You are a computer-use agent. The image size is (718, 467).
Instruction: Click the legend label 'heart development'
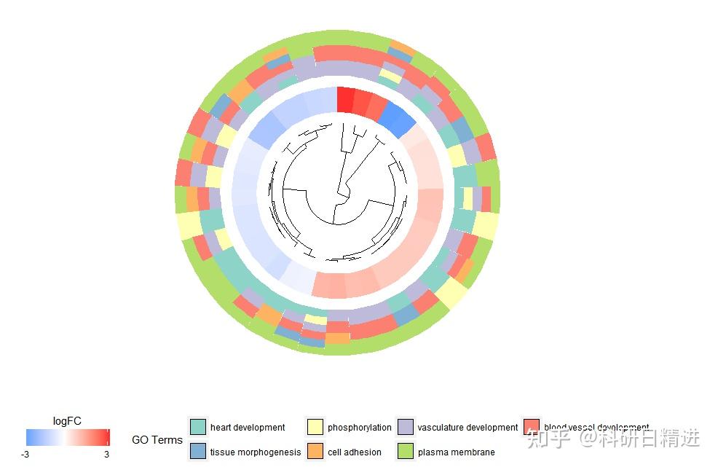(x=248, y=428)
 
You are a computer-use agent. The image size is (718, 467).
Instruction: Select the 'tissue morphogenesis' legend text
(x=256, y=452)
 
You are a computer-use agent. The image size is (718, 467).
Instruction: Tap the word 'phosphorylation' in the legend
(x=359, y=428)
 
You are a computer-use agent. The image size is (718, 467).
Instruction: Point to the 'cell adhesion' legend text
(x=355, y=452)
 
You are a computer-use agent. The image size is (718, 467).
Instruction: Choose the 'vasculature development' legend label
(x=468, y=428)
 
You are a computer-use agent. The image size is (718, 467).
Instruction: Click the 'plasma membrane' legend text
(x=456, y=452)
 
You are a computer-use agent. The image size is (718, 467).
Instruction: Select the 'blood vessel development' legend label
(x=596, y=428)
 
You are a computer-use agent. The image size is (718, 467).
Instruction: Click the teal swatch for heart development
(x=198, y=427)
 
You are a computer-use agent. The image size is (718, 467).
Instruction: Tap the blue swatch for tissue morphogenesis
(x=198, y=451)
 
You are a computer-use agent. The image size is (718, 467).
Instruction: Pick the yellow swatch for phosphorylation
(x=315, y=427)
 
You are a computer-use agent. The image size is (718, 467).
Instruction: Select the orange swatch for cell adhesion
(x=315, y=451)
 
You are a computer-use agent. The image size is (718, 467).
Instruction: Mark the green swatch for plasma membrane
(x=406, y=451)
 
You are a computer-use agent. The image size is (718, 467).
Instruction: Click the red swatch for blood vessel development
(x=532, y=427)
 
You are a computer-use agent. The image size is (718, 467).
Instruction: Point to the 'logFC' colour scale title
(x=67, y=420)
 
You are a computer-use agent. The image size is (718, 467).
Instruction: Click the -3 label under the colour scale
(x=25, y=454)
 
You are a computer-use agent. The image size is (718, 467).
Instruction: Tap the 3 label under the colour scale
(x=106, y=454)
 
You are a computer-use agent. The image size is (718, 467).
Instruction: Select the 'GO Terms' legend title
(x=157, y=440)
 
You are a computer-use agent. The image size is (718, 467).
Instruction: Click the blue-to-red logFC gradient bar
(x=67, y=437)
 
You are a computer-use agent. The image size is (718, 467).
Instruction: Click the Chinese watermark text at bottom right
(x=614, y=438)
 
